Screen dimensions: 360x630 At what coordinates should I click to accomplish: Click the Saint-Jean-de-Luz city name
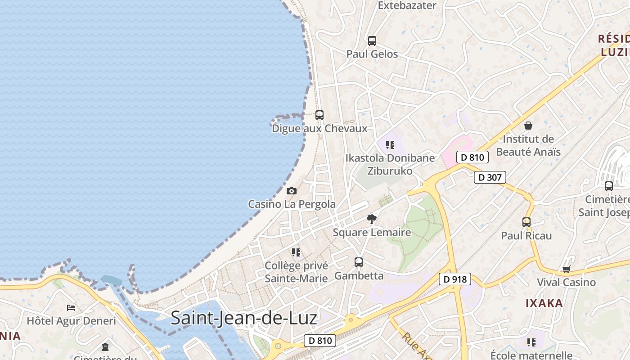point(243,318)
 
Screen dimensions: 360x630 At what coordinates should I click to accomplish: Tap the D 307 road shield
point(490,177)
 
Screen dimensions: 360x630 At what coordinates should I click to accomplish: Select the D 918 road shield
point(455,279)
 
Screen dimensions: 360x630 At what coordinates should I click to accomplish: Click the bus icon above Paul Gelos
point(372,41)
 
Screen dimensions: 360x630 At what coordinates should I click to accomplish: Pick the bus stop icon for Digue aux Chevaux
point(319,115)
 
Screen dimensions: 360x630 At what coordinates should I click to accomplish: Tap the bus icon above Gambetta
point(359,262)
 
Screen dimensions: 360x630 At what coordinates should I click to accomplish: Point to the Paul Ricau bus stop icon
point(526,222)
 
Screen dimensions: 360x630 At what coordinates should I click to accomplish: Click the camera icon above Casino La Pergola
point(292,191)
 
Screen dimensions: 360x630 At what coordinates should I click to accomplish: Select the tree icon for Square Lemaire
point(372,219)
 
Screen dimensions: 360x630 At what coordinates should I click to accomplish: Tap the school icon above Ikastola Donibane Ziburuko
point(390,145)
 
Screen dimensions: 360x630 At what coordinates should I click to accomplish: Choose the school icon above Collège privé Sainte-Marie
point(296,252)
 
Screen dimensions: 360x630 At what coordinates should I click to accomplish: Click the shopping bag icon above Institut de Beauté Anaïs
point(528,126)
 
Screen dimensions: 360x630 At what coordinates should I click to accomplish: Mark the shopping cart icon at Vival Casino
point(566,269)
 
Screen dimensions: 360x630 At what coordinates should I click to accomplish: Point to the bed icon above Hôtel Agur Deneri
point(71,308)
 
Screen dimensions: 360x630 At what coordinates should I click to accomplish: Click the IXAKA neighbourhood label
point(544,303)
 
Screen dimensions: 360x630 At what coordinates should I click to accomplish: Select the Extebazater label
point(407,5)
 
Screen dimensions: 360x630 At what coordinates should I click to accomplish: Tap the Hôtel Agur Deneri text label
point(71,321)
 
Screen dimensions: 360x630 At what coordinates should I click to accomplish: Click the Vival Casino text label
point(566,282)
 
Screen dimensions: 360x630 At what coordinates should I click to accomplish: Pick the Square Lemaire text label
point(372,232)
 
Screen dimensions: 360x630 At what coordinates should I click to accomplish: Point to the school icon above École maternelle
point(531,342)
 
